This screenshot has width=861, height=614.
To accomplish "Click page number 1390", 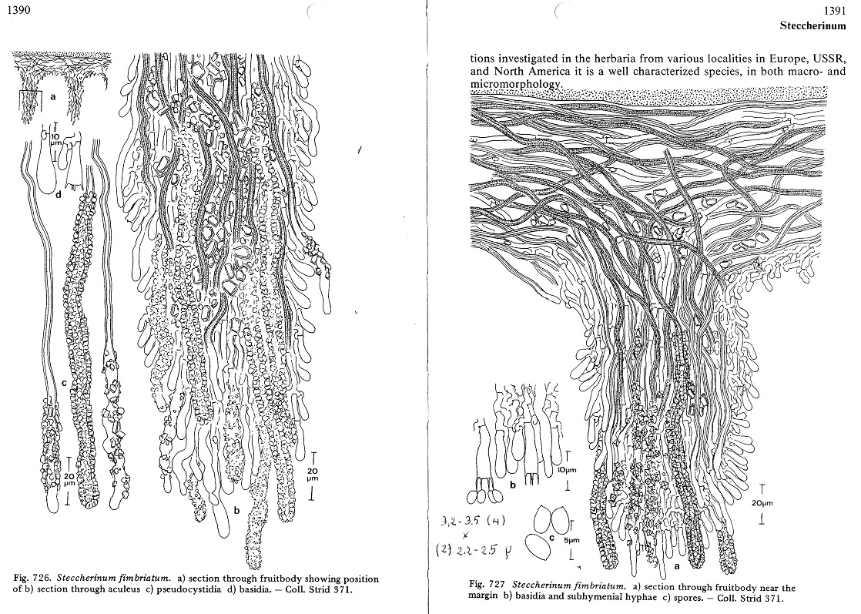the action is point(18,10).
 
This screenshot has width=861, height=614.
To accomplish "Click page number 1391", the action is point(835,11).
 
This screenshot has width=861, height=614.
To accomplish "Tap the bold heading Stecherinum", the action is point(812,26).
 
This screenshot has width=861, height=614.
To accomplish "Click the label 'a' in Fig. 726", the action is point(53,97).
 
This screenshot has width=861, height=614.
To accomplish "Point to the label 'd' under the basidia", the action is point(58,193).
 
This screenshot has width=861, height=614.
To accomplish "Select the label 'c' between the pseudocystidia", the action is point(64,383).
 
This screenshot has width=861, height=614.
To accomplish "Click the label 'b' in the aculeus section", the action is point(236,510).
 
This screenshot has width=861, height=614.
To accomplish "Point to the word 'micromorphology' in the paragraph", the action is point(516,83).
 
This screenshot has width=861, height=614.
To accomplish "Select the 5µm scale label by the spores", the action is point(571,540).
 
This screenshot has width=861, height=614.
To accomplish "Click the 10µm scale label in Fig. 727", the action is point(568,470).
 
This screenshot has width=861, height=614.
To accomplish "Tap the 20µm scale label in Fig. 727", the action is point(762,502).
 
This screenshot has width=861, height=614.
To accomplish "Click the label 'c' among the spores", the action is point(553,530).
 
